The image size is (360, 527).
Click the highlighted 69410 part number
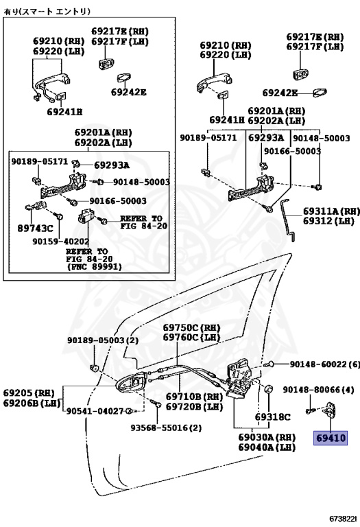pos(331,438)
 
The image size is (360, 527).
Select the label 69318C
pos(272,417)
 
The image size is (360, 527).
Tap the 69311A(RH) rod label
pos(331,211)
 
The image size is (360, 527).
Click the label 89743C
pos(35,229)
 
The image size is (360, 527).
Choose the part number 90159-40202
pos(61,242)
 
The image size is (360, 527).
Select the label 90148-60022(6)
pos(325,364)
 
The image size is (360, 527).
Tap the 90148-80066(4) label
pos(318,390)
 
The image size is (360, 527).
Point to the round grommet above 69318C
pos(269,390)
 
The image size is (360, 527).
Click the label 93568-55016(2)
pos(166,428)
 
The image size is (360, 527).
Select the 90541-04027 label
pos(95,411)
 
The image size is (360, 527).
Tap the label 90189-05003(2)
pos(103,340)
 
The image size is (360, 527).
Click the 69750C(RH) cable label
pos(192,327)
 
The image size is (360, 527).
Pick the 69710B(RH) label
pos(195,397)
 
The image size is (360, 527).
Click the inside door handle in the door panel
pos(131,384)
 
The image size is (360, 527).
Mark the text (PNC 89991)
pos(94,267)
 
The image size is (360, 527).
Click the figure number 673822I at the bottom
pos(343,519)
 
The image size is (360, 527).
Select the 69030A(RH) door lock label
pos(267,437)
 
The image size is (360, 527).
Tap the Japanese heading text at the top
pos(47,12)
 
